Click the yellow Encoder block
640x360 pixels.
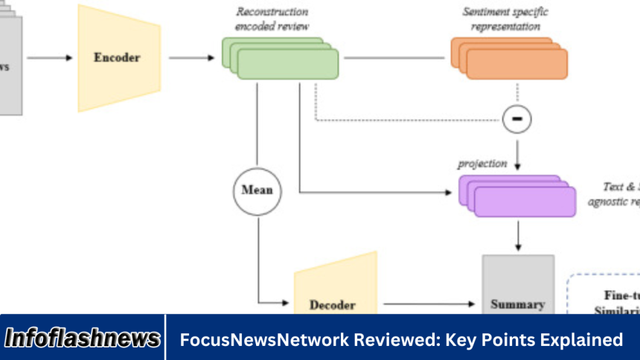coord(118,57)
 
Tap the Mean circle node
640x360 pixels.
coord(257,190)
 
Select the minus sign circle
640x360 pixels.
coord(517,118)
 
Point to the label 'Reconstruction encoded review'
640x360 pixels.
coord(272,19)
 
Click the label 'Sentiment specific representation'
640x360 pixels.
coord(502,19)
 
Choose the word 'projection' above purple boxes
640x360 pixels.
coord(482,164)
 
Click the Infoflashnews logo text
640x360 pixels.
coord(83,339)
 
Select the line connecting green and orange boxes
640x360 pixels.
coord(394,57)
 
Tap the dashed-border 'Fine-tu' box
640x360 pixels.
coord(603,294)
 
